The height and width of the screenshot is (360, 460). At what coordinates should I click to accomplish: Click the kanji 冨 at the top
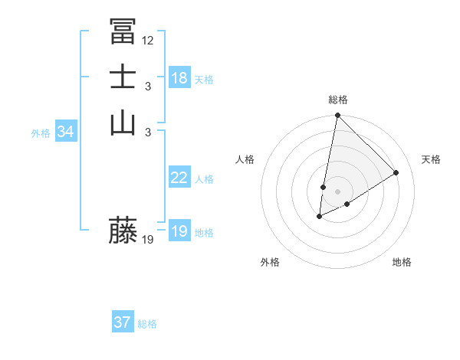[x=123, y=31]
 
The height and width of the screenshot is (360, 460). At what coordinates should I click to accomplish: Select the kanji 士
[x=123, y=77]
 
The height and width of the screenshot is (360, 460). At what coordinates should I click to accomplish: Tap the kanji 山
[x=123, y=122]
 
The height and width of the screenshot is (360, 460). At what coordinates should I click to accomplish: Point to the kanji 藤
[x=123, y=230]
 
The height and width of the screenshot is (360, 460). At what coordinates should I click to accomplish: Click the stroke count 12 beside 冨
[x=148, y=41]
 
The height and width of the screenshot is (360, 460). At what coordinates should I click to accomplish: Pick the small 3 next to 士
[x=148, y=86]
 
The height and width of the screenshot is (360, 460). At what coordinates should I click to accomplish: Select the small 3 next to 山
[x=148, y=132]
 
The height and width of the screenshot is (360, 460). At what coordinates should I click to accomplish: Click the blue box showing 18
[x=179, y=78]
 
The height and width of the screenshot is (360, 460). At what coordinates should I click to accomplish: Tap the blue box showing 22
[x=179, y=178]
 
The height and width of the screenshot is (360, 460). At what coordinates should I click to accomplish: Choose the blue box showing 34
[x=66, y=132]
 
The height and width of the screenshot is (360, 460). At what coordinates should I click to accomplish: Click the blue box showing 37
[x=123, y=322]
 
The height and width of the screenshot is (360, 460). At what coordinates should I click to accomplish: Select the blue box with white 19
[x=179, y=231]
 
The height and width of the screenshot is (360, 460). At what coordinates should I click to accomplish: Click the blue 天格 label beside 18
[x=204, y=80]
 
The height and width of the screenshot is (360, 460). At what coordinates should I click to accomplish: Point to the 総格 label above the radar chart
[x=337, y=100]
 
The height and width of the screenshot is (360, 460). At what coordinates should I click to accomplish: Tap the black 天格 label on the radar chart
[x=431, y=159]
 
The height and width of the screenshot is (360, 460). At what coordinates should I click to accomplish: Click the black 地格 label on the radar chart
[x=402, y=262]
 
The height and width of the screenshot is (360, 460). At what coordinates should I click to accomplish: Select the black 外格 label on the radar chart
[x=270, y=262]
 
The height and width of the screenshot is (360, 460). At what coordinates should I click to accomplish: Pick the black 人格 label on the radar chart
[x=245, y=159]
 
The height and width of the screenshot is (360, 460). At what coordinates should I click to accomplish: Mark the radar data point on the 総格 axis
[x=337, y=116]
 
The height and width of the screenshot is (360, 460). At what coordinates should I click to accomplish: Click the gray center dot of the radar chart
[x=337, y=191]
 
